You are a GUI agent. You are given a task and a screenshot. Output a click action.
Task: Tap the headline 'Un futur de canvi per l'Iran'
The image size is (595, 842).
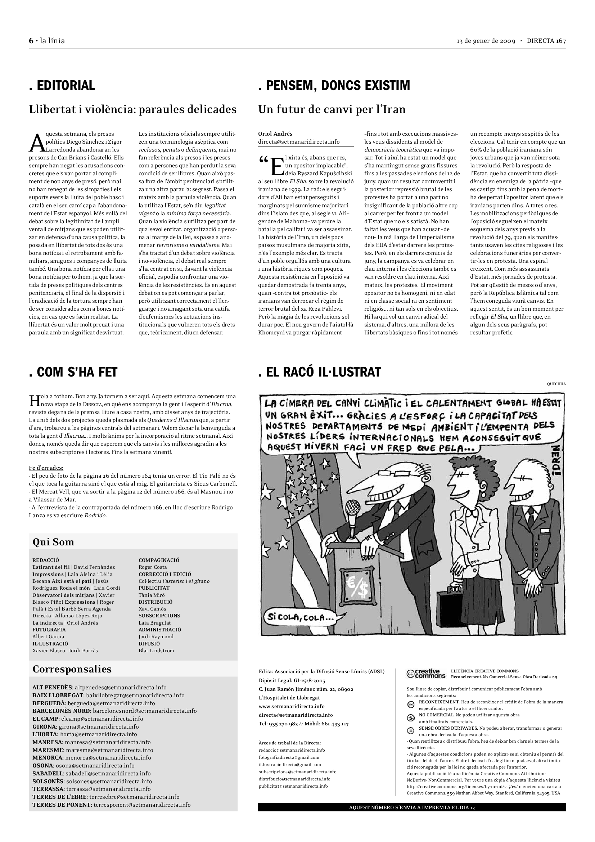pos(332,109)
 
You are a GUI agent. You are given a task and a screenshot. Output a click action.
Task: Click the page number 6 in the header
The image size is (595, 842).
pos(31,41)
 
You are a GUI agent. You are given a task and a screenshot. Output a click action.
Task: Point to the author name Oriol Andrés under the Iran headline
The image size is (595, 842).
pos(275,134)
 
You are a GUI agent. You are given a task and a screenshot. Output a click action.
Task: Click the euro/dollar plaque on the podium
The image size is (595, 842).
pos(355,586)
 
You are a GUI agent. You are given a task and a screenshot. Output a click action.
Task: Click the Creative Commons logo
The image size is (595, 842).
pos(425,674)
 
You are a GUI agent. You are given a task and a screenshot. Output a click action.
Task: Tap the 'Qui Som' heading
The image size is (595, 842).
pos(53,542)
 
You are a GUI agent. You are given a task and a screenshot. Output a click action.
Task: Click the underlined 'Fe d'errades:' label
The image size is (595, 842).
pos(46,468)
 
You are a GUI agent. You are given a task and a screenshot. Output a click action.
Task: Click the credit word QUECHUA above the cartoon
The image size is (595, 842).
pos(556,384)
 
